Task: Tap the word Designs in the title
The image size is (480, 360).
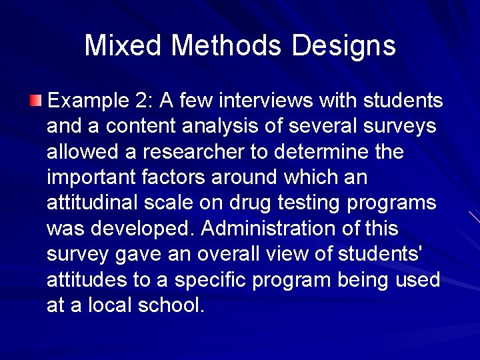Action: [344, 45]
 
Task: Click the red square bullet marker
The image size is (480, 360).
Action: [35, 101]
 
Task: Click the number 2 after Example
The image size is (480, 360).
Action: [146, 101]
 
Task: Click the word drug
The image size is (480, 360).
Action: [253, 203]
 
